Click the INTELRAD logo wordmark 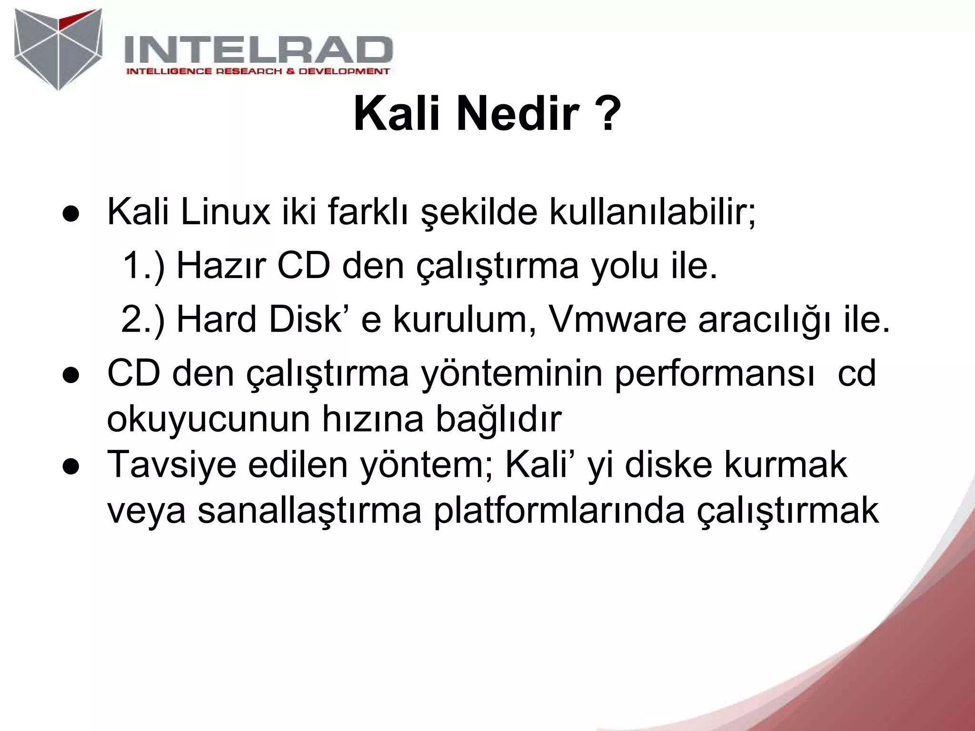coord(258,50)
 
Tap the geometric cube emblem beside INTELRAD coord(58,49)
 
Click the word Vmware coord(617,319)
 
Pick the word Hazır coord(220,266)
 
